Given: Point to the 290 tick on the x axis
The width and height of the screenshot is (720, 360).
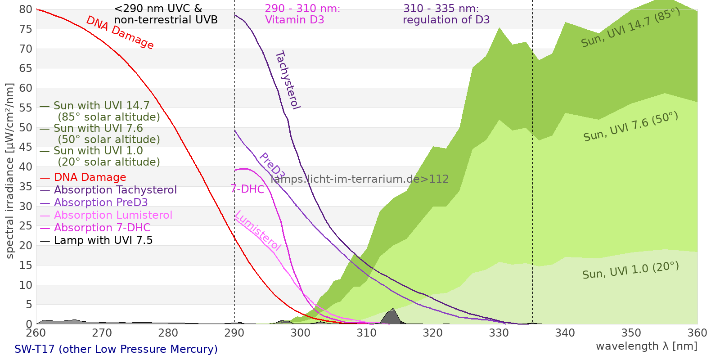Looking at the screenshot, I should [x=234, y=333].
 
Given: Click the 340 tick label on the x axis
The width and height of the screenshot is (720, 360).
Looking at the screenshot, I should [x=565, y=333].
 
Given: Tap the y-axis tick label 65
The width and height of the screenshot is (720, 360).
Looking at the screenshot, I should [x=26, y=68].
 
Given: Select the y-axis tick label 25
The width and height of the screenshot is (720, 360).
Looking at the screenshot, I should [x=26, y=226].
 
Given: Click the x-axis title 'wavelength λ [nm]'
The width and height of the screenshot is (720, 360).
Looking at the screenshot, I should [x=647, y=346].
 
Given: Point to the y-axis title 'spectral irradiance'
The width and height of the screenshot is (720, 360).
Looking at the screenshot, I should [x=10, y=171].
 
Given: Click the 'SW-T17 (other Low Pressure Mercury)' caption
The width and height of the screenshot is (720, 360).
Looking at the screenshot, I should [x=116, y=349].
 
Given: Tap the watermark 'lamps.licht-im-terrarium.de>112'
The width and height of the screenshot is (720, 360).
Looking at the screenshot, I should [x=360, y=179].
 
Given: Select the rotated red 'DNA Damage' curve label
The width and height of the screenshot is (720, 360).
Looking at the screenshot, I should [x=120, y=32].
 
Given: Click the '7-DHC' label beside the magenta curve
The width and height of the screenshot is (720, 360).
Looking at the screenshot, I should [x=247, y=189].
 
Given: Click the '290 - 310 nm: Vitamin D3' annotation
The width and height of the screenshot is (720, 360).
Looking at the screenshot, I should [x=302, y=14].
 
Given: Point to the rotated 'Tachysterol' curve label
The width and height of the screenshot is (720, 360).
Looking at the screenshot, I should [x=287, y=80].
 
